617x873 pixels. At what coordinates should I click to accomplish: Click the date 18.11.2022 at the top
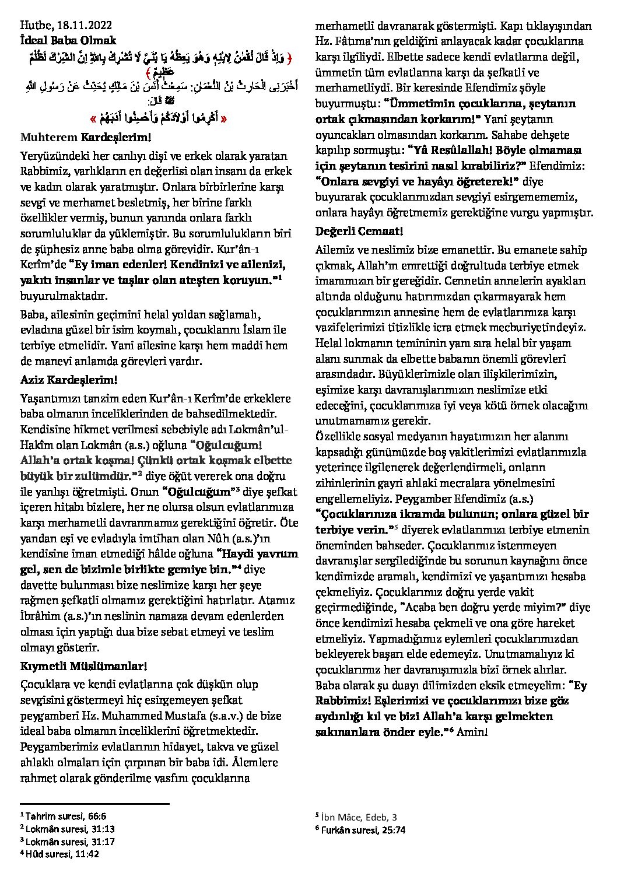tap(81, 25)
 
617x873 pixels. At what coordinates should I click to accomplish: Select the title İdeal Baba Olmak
tap(69, 40)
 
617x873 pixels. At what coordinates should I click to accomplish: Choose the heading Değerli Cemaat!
tap(356, 230)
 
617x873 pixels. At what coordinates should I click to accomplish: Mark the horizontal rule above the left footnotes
tap(94, 804)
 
